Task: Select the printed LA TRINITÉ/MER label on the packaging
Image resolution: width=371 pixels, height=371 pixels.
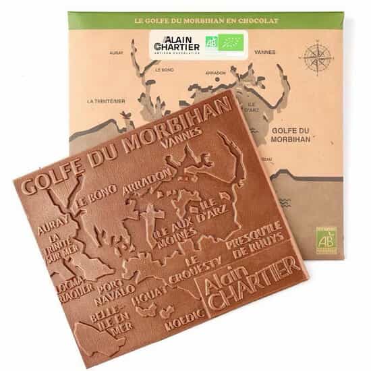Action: [106, 101]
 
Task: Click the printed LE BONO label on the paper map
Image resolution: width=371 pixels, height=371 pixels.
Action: [165, 69]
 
